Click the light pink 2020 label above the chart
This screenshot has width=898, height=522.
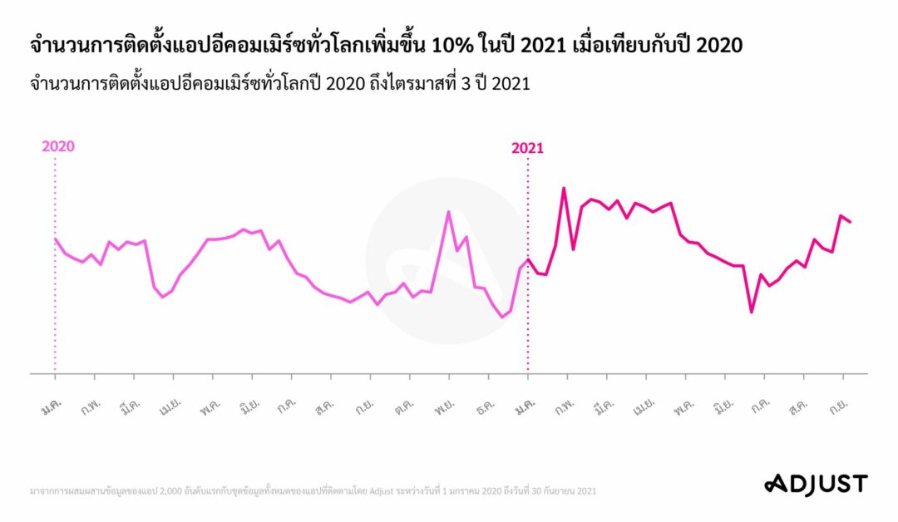pos(58,146)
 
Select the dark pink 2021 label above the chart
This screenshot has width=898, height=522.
pos(527,149)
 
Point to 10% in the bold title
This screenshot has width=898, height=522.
pos(448,46)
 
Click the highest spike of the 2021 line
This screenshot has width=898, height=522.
pos(564,188)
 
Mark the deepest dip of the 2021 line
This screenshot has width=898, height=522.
pos(751,312)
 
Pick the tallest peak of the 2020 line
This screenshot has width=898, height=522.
pos(448,212)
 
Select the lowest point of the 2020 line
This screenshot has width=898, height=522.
pos(501,317)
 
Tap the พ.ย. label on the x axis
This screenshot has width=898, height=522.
pos(443,409)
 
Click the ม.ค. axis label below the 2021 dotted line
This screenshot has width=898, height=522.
pos(524,409)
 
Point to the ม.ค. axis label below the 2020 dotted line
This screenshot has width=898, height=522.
pos(52,409)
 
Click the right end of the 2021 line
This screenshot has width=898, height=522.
pos(850,222)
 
